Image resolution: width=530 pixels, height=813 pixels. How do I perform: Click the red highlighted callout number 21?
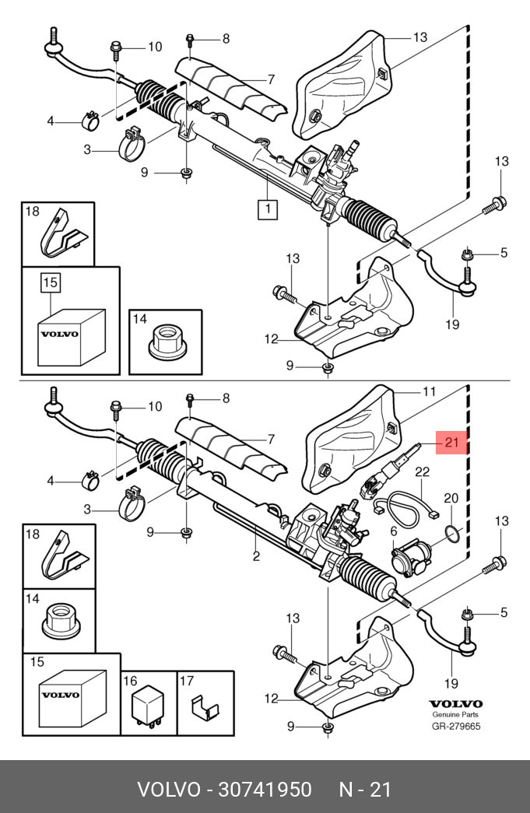tap(451, 443)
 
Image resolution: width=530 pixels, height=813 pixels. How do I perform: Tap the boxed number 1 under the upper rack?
tap(267, 209)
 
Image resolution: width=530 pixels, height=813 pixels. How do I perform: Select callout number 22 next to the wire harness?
tap(422, 472)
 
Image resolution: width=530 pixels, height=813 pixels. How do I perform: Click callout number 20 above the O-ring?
tap(451, 498)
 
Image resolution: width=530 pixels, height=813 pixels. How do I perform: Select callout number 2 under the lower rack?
tap(255, 556)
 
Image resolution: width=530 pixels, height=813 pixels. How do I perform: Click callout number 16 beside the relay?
tap(129, 680)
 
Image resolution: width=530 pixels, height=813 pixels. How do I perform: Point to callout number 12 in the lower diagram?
tap(271, 699)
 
